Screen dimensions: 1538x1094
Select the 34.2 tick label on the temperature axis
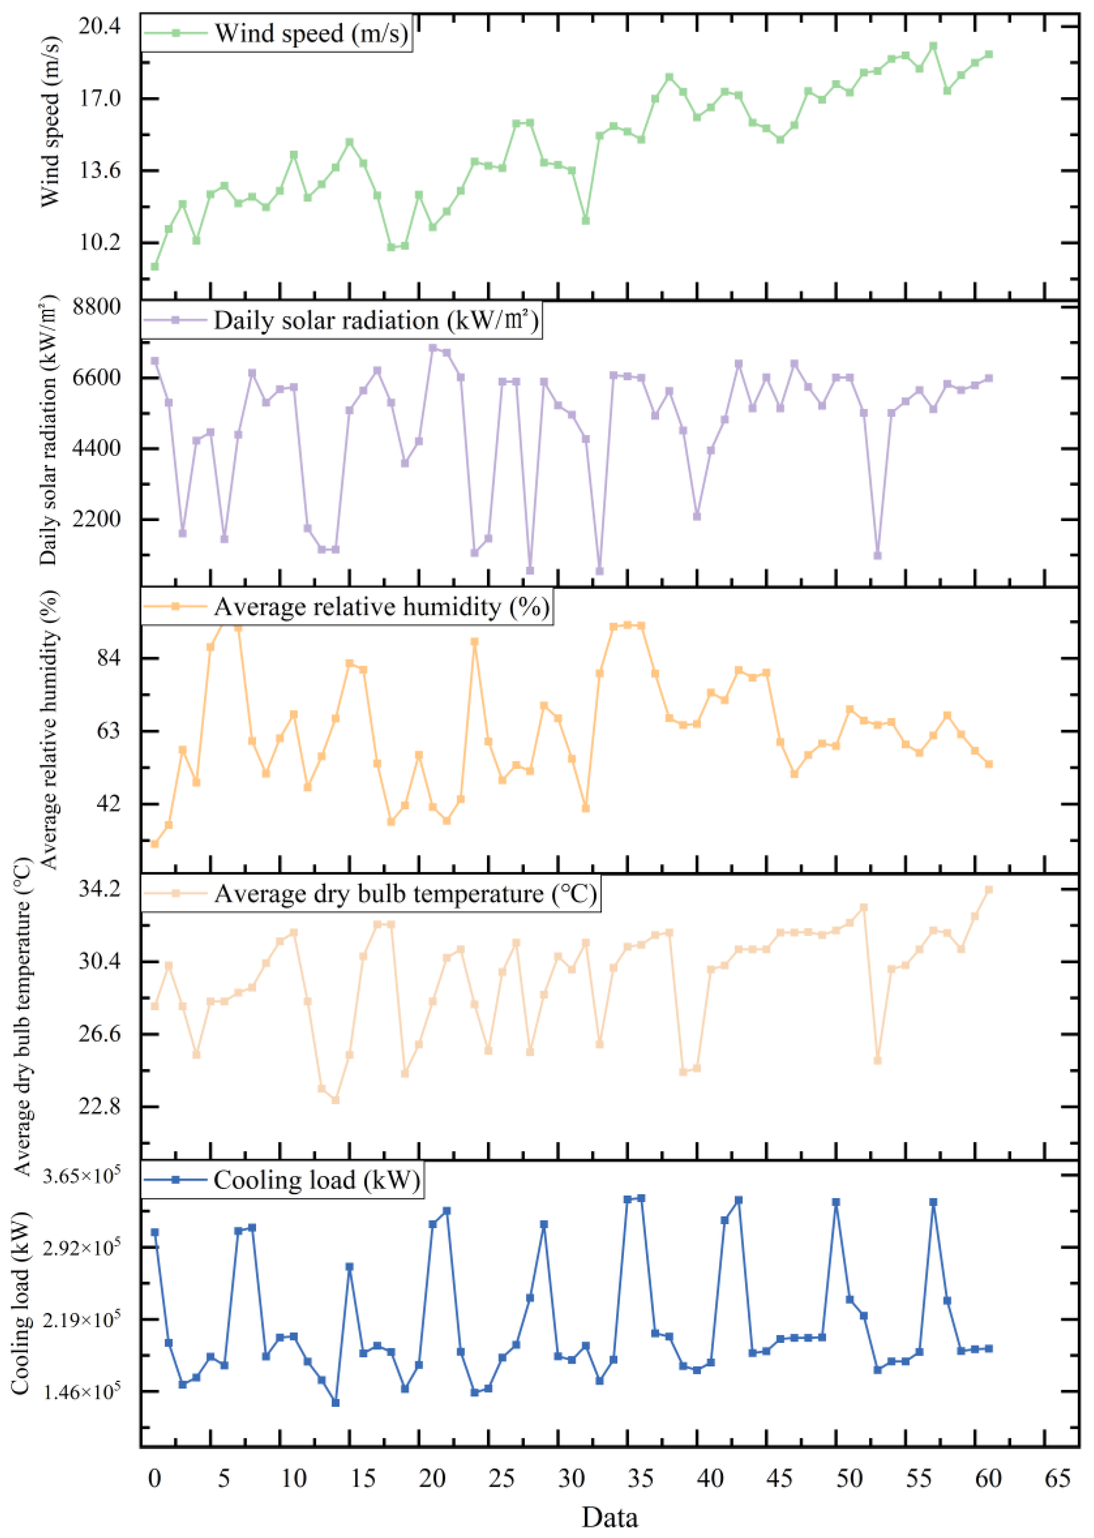[99, 889]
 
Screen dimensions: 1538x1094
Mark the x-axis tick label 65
[1058, 1479]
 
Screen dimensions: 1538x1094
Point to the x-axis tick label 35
[641, 1479]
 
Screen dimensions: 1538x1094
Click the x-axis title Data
[610, 1517]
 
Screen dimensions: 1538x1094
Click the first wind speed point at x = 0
[155, 266]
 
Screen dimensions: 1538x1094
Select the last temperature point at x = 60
[989, 889]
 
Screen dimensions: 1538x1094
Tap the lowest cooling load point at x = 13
[335, 1402]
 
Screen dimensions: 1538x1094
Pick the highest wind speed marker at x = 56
[933, 46]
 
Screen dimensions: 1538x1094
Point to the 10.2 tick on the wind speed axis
[99, 242]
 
